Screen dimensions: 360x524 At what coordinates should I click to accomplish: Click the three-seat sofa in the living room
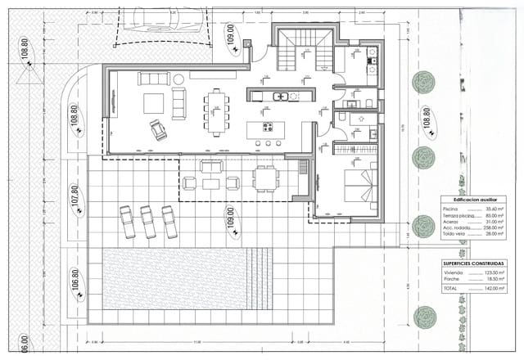point(151,79)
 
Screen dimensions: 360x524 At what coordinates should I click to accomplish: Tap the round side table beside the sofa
point(176,79)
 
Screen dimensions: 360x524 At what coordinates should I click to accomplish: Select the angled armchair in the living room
point(157,128)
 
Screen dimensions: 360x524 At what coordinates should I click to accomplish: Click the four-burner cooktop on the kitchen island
point(267,127)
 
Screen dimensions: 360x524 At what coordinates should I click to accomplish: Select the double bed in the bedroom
point(358,186)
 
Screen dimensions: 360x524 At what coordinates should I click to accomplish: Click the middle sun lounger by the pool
point(148,221)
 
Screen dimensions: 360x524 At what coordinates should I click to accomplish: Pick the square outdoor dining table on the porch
point(264,178)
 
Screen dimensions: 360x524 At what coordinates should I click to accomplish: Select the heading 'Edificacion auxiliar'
point(469,199)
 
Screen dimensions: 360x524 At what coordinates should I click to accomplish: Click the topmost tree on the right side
point(424,82)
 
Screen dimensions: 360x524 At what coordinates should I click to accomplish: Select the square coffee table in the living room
point(153,102)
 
